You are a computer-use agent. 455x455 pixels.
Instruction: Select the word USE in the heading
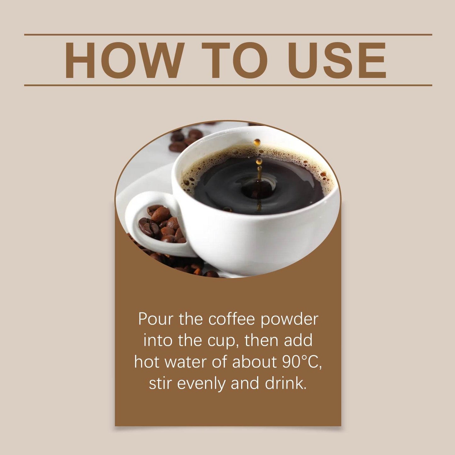337,60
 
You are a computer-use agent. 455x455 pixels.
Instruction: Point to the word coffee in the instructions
231,319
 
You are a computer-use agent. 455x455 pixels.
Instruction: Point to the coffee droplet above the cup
257,142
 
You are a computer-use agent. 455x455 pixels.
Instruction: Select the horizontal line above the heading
228,34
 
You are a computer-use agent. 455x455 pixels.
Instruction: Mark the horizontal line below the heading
228,85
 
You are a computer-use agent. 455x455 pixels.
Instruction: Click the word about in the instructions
254,362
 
